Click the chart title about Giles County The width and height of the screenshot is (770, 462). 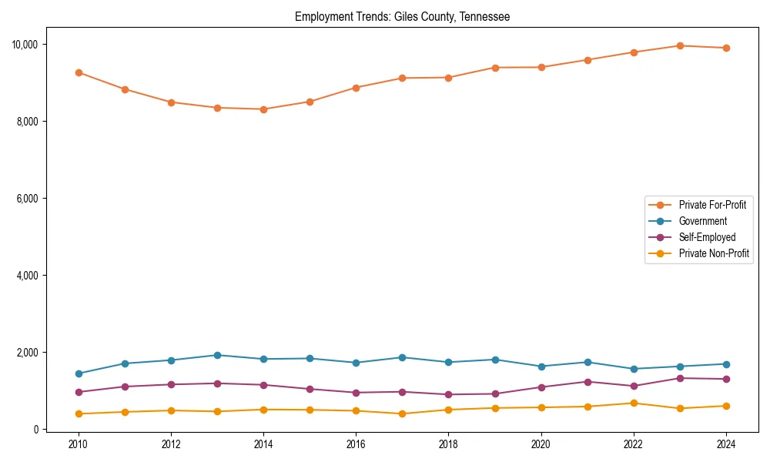pos(402,16)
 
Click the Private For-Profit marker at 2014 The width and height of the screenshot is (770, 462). pos(263,109)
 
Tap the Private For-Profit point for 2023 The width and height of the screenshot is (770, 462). pos(680,45)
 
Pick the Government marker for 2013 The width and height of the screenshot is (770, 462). pos(217,355)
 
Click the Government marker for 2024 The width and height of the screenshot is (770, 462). pos(726,364)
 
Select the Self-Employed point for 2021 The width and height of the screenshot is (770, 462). pos(588,382)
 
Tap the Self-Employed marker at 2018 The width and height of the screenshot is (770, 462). pos(448,394)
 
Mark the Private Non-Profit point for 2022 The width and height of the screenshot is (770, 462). pos(634,403)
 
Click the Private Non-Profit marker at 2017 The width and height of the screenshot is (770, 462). pos(402,413)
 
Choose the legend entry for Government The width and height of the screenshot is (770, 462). pos(702,221)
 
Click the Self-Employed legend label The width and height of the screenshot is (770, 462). pos(707,237)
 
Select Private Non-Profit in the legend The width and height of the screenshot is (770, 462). pos(714,253)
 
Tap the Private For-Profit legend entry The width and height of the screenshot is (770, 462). pos(712,205)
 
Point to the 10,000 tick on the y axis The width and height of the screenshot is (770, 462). pos(25,44)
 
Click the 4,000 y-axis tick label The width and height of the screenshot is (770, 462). pos(28,275)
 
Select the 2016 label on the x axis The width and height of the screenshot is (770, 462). pos(356,444)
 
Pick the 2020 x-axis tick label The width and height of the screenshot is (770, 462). pos(541,444)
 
